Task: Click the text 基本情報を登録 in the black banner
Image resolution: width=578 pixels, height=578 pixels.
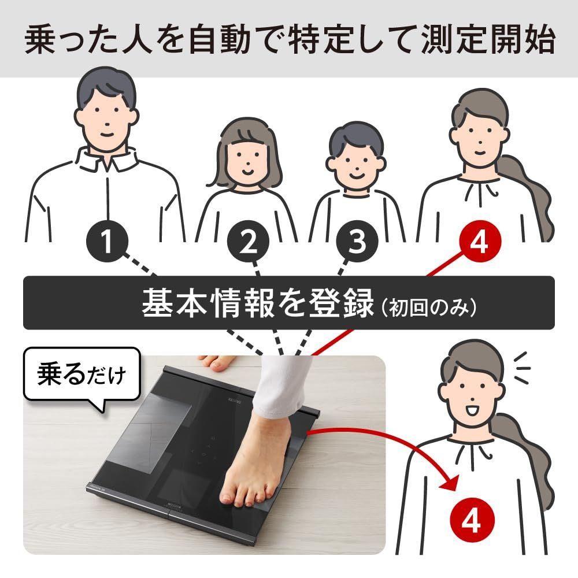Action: pos(258,303)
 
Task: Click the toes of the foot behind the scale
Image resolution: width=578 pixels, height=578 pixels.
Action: pos(216,363)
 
